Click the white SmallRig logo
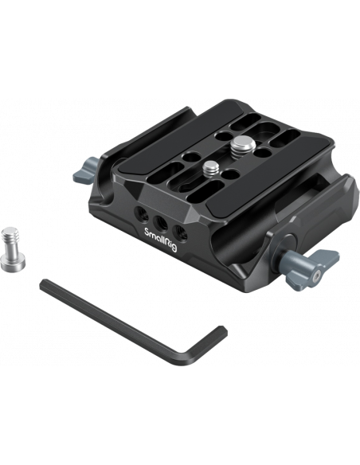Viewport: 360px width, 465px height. click(x=160, y=240)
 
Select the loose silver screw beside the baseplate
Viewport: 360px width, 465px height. click(x=13, y=248)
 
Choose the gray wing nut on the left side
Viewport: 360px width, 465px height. click(x=86, y=170)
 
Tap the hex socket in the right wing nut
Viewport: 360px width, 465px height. click(x=316, y=275)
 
